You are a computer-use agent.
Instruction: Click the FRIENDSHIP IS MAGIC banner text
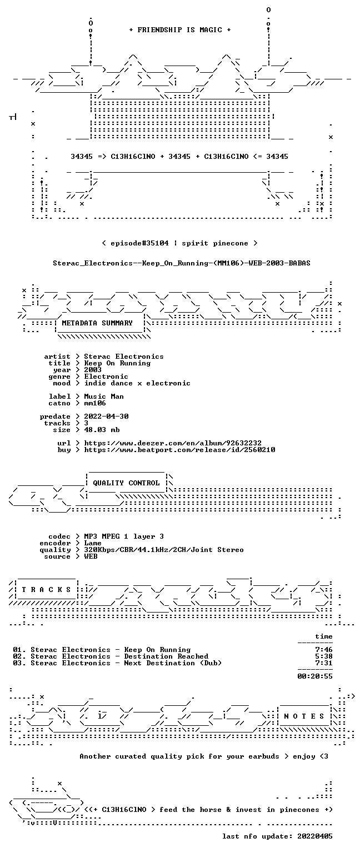pyautogui.click(x=180, y=30)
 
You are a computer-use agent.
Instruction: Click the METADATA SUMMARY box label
pyautogui.click(x=97, y=323)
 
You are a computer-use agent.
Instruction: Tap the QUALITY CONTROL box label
pyautogui.click(x=126, y=483)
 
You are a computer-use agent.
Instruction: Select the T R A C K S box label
pyautogui.click(x=47, y=590)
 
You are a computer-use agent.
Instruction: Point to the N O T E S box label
pyautogui.click(x=304, y=716)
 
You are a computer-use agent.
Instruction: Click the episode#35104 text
pyautogui.click(x=139, y=243)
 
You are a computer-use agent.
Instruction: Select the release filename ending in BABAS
pyautogui.click(x=181, y=263)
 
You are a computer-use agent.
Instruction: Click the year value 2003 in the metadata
pyautogui.click(x=93, y=370)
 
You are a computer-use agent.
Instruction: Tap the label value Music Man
pyautogui.click(x=104, y=397)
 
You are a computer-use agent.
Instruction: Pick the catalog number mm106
pyautogui.click(x=95, y=403)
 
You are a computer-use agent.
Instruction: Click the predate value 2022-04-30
pyautogui.click(x=106, y=416)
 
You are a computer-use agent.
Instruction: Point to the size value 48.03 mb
pyautogui.click(x=102, y=430)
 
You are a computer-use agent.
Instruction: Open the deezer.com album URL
pyautogui.click(x=173, y=443)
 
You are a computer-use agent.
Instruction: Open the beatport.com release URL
pyautogui.click(x=180, y=450)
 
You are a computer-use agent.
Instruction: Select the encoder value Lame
pyautogui.click(x=93, y=543)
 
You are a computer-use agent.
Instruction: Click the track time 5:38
pyautogui.click(x=324, y=656)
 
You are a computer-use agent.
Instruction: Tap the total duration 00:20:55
pyautogui.click(x=315, y=676)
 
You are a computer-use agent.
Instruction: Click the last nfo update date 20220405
pyautogui.click(x=314, y=836)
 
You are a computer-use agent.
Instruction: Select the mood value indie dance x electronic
pyautogui.click(x=137, y=383)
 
